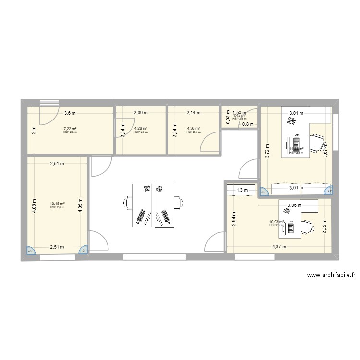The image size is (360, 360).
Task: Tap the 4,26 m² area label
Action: pyautogui.click(x=141, y=128)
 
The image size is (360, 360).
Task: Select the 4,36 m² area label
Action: pyautogui.click(x=193, y=128)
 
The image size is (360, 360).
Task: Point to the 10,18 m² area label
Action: pyautogui.click(x=57, y=203)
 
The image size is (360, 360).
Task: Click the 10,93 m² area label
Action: pyautogui.click(x=276, y=222)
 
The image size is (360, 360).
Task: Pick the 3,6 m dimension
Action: pyautogui.click(x=70, y=113)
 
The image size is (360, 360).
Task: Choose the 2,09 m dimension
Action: pyautogui.click(x=141, y=113)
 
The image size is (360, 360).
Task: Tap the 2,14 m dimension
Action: pyautogui.click(x=193, y=113)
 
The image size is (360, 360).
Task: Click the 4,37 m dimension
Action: pyautogui.click(x=279, y=247)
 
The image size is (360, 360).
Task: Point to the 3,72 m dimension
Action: pyautogui.click(x=267, y=152)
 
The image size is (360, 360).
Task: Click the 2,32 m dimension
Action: pyautogui.click(x=325, y=224)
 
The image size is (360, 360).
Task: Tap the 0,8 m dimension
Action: pyautogui.click(x=248, y=124)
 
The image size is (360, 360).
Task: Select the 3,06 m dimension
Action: pyautogui.click(x=295, y=205)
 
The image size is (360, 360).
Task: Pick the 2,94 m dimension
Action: pyautogui.click(x=234, y=218)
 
